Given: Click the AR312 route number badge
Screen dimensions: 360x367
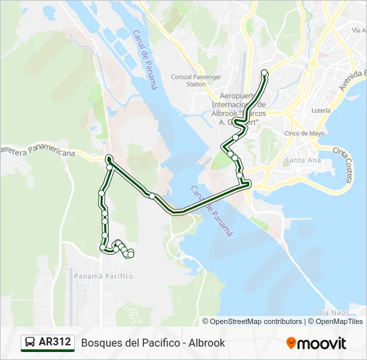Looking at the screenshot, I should pos(55,342).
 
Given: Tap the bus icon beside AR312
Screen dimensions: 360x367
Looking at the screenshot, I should pos(31,343).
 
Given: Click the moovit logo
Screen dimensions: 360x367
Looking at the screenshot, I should pos(316,343).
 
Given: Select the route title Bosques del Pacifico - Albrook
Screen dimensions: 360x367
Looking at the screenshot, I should pos(153,343).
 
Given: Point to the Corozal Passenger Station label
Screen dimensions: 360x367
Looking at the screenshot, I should pos(196,81).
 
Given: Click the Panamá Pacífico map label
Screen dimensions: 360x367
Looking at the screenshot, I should pos(103,276).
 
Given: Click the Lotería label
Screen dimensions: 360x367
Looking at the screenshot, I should pos(321,111).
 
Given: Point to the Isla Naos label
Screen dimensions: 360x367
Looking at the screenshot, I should pos(329,312).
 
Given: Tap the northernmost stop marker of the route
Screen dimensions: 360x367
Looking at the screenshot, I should pos(264,73).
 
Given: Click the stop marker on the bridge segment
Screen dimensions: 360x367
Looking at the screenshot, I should pos(153,196).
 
